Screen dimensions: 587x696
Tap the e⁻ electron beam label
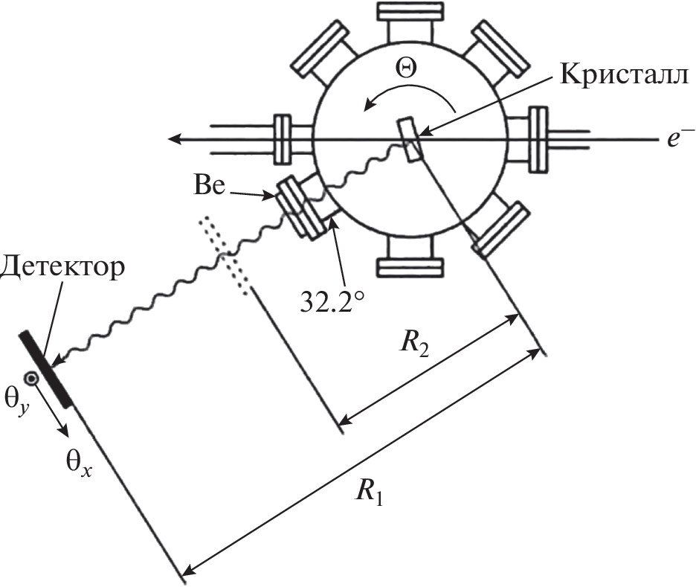(677, 139)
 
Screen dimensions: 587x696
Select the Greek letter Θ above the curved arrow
(407, 68)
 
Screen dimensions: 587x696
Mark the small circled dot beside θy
(32, 378)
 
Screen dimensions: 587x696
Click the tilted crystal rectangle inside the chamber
(410, 138)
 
